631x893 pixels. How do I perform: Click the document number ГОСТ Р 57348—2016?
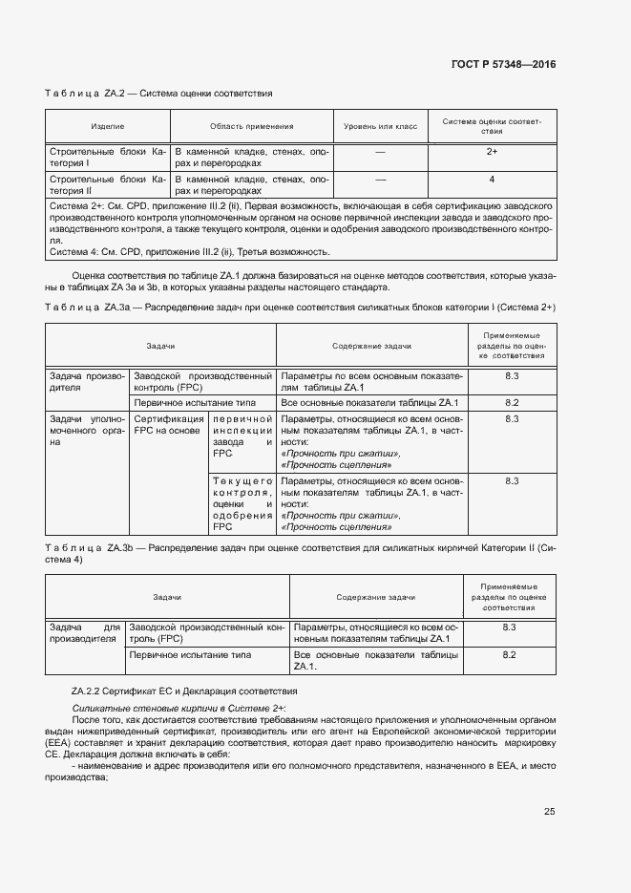coord(503,64)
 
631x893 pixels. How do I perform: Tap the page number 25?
coord(549,812)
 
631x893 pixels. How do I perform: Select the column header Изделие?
coord(108,126)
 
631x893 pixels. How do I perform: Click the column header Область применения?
coord(251,126)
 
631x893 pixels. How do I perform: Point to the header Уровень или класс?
coord(380,126)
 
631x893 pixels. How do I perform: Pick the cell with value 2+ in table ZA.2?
coord(492,152)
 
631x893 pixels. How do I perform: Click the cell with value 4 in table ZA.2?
coord(492,179)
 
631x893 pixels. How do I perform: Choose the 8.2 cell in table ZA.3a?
coord(512,402)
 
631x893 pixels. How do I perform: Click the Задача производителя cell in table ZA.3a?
coord(87,382)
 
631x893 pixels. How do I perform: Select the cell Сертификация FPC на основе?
coord(168,424)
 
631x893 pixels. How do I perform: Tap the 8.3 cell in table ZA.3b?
coord(509,627)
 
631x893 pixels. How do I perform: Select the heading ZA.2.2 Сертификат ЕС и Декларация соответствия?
coord(184,690)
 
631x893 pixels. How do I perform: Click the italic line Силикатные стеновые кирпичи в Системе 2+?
coord(179,708)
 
